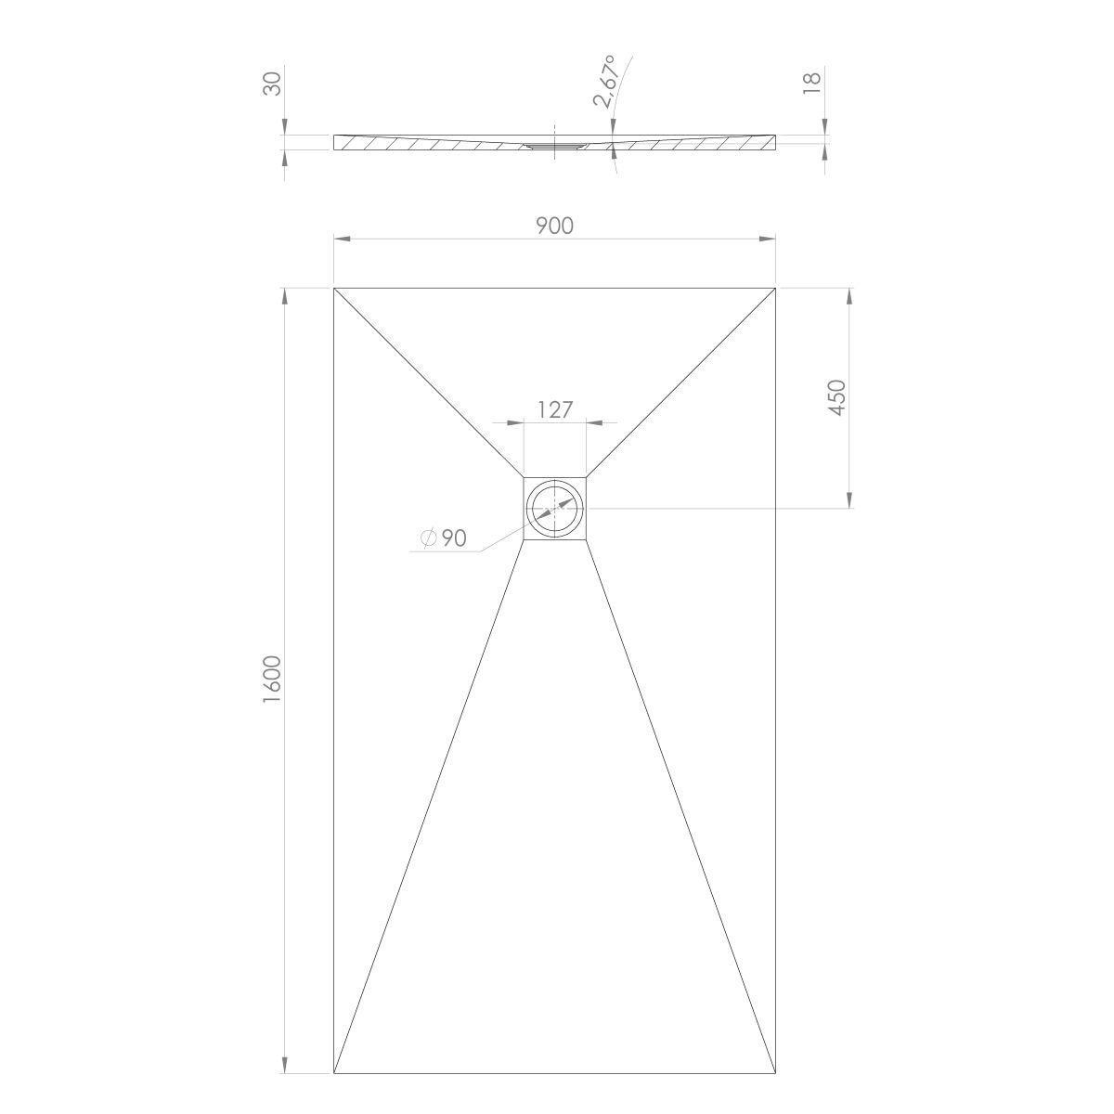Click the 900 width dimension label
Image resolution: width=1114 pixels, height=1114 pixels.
(x=554, y=226)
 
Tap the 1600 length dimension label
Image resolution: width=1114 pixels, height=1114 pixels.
(x=272, y=679)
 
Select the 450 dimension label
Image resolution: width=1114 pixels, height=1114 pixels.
(x=837, y=397)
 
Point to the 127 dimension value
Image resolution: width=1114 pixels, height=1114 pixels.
(x=555, y=410)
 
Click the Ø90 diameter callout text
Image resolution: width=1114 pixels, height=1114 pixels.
(x=444, y=538)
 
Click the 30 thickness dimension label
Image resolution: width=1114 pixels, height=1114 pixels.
(x=272, y=84)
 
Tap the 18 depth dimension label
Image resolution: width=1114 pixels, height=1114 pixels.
(x=812, y=84)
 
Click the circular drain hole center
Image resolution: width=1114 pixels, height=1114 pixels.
(x=555, y=509)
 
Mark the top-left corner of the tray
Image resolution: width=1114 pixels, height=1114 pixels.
(x=334, y=287)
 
